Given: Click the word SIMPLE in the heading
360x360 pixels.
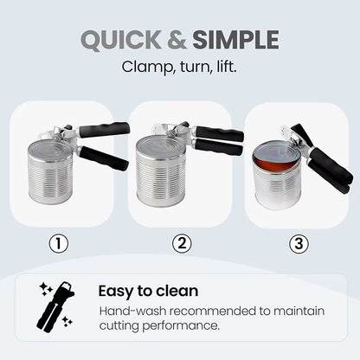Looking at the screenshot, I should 235,40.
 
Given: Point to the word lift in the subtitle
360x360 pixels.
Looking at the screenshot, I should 222,65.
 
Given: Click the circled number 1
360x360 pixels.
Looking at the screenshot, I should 60,243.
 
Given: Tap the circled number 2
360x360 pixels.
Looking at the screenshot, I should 180,243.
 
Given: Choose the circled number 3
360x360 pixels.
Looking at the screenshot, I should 299,243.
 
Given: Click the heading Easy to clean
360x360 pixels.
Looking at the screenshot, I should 148,291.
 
